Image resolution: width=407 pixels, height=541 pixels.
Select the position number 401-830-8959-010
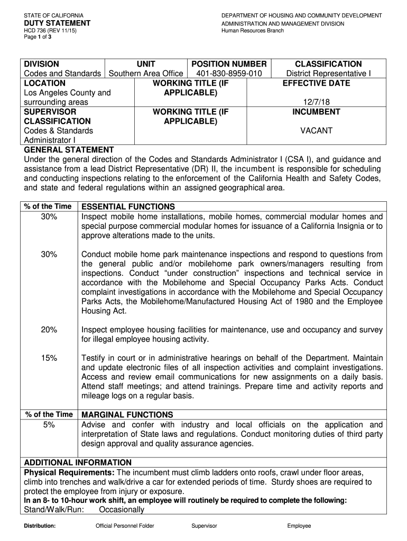point(229,73)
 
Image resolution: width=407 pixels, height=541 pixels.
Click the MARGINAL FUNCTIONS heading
point(127,415)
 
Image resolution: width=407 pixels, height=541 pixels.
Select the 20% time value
point(49,330)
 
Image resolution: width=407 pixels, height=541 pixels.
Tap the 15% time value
point(49,358)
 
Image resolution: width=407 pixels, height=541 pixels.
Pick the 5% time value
point(49,425)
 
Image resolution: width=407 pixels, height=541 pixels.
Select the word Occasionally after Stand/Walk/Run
point(122,510)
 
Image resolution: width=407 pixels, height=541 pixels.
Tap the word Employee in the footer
point(299,526)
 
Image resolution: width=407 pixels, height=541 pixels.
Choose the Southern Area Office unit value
point(146,73)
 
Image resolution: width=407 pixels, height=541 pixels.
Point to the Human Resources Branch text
point(253,31)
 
